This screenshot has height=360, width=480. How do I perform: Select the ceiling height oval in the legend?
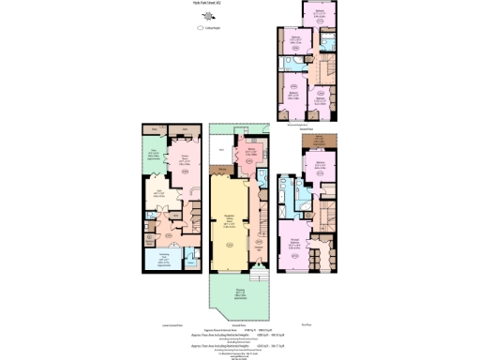pos(199,29)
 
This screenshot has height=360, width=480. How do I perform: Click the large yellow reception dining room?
pos(230,225)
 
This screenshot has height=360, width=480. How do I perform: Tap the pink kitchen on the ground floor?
pos(252,157)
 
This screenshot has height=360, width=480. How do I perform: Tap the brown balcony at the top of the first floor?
pos(320,141)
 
